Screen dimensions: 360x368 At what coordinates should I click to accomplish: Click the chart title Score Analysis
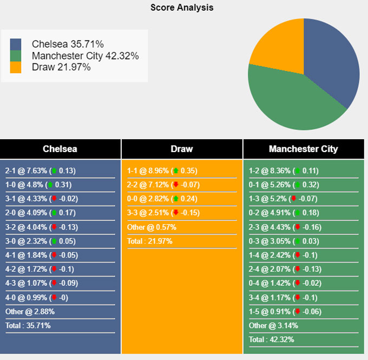point(182,8)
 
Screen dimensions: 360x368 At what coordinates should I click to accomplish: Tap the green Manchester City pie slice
point(292,103)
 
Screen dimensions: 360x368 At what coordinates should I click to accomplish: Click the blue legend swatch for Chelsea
point(16,44)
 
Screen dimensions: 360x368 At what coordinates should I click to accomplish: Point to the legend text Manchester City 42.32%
point(85,56)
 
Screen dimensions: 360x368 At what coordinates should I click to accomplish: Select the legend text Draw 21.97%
point(61,67)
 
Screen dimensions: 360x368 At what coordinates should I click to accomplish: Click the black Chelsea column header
point(60,149)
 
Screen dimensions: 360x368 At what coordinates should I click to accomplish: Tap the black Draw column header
point(182,149)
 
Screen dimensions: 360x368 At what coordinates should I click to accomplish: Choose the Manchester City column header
point(303,149)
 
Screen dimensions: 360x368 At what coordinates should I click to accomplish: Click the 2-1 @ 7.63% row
point(41,171)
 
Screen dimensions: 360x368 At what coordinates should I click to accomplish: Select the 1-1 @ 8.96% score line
point(162,171)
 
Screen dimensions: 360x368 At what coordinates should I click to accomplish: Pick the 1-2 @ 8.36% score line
point(284,171)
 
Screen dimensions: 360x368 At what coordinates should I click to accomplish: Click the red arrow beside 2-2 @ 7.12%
point(175,185)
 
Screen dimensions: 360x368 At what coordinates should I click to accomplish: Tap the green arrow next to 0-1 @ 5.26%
point(297,185)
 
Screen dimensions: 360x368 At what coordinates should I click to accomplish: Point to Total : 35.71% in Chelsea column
point(28,325)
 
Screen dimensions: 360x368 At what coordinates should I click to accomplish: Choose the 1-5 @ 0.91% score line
point(285,311)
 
